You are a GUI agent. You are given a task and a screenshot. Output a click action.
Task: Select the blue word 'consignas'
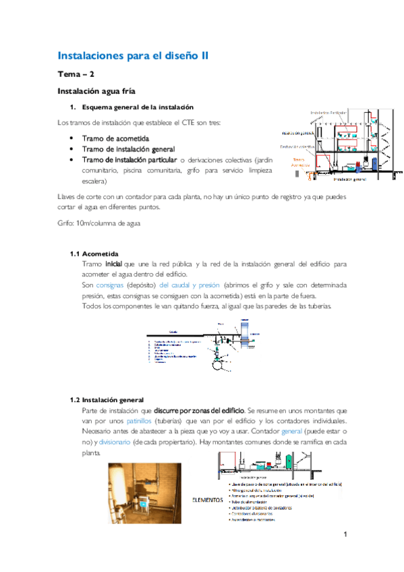(109, 285)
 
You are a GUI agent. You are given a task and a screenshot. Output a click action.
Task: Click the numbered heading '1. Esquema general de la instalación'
(132, 107)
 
